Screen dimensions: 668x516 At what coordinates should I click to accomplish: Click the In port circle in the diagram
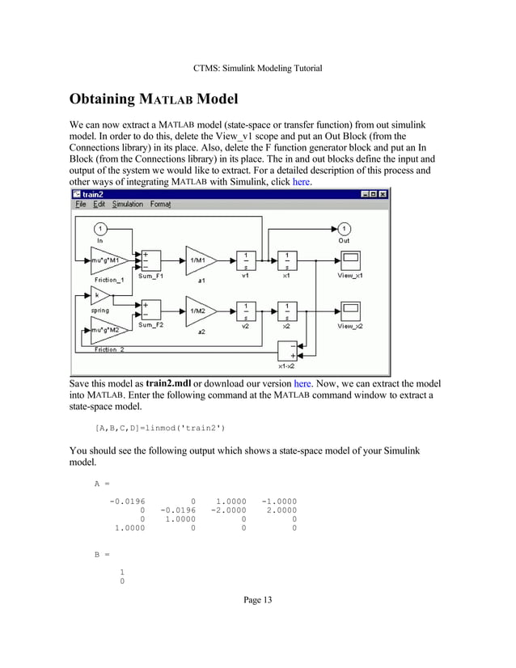pos(100,229)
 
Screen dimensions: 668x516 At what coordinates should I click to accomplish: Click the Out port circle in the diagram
pos(345,229)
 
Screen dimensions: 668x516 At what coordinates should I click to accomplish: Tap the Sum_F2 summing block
pos(150,311)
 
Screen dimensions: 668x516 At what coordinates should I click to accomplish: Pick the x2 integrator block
pos(286,311)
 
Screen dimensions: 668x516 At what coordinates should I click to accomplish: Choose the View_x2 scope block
pos(351,311)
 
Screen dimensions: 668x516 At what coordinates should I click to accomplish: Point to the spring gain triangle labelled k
pos(99,296)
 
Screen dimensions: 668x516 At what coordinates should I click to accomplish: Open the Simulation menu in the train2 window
pos(127,205)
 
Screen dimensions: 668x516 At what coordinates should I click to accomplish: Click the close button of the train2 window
pos(383,194)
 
